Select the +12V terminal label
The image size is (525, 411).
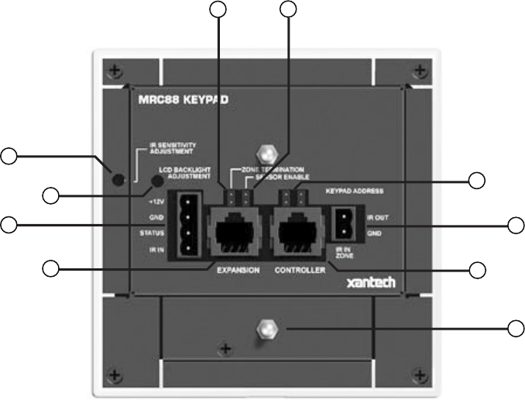coord(156,201)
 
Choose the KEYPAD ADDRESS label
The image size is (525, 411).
coord(354,190)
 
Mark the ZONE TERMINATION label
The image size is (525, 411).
coord(268,169)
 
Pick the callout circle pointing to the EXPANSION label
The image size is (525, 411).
coord(51,269)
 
